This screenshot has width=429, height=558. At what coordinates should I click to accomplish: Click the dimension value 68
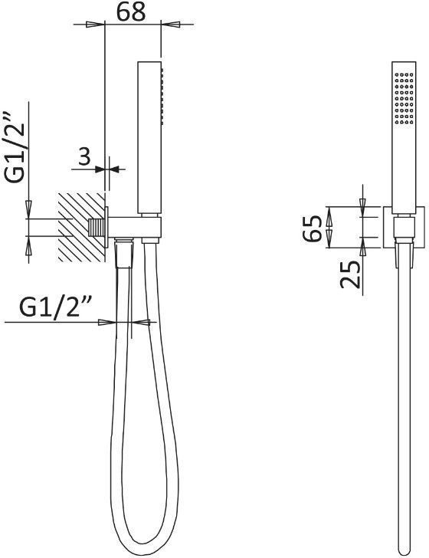click(131, 11)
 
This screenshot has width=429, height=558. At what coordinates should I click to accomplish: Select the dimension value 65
click(313, 228)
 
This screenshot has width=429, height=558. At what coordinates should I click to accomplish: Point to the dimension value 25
click(350, 274)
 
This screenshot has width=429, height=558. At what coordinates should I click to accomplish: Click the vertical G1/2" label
click(15, 148)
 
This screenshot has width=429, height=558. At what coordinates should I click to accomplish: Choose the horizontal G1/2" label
click(56, 307)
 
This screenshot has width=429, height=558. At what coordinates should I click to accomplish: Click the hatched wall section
click(81, 228)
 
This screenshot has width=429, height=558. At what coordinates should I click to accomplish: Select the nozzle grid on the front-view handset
click(404, 99)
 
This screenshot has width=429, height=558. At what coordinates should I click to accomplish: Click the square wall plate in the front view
click(404, 227)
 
